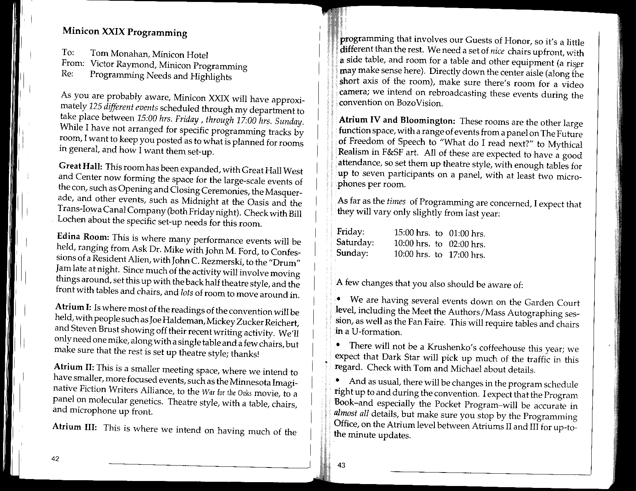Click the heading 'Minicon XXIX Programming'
[x=125, y=32]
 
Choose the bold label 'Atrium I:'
[x=73, y=307]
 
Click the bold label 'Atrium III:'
[x=75, y=427]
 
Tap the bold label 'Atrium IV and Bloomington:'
[x=397, y=120]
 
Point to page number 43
[x=342, y=465]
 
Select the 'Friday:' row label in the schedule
[x=350, y=232]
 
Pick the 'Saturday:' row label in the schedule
[x=355, y=243]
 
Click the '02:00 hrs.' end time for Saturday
[x=467, y=244]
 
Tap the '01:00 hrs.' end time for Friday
[x=467, y=234]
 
